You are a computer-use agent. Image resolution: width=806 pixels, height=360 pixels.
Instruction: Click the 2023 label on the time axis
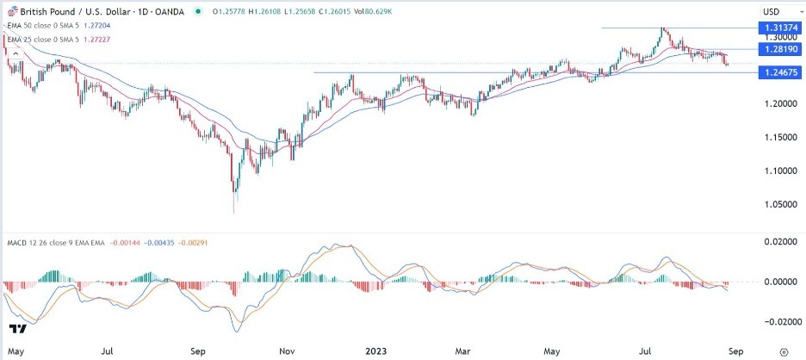coord(378,351)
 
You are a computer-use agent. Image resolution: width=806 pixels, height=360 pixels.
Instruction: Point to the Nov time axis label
coord(287,351)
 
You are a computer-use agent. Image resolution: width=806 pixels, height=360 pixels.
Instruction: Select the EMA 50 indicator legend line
coord(60,26)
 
